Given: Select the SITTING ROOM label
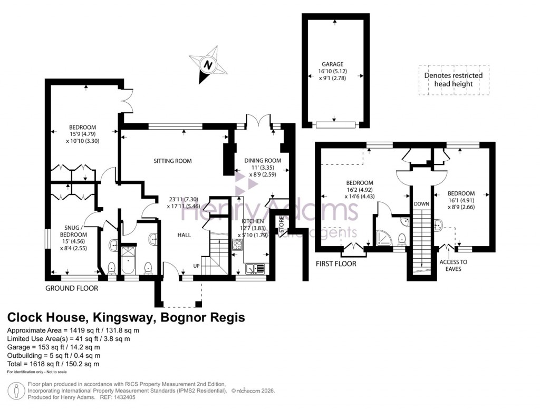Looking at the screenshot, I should coord(172,161).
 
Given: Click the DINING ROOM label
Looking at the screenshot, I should coord(262,161).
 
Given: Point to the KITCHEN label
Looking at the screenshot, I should coord(253,221).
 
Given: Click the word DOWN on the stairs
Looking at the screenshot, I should coord(421,203).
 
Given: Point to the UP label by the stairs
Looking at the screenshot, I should coord(196,266).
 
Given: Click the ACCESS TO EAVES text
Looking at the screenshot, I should coord(454,265).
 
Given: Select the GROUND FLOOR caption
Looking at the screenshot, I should coord(72,288).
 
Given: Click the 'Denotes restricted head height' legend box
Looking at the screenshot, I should coord(454,80).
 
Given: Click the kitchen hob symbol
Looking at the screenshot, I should coord(237,245).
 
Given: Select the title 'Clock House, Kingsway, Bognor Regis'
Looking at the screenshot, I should coord(126,318).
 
